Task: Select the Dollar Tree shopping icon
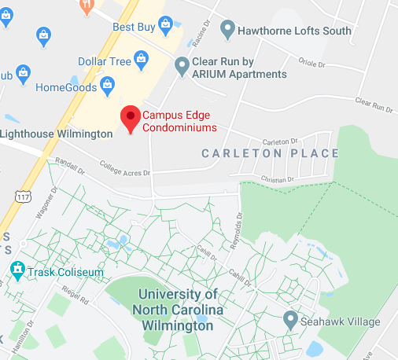(x=141, y=59)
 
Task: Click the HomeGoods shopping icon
(x=108, y=83)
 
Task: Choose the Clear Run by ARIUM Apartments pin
(x=182, y=66)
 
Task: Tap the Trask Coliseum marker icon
(x=17, y=272)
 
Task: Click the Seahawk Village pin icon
(x=290, y=321)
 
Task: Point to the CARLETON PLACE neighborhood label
(x=270, y=153)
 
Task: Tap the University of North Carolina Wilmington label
(x=177, y=310)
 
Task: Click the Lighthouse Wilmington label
(x=57, y=134)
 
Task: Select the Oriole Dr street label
(x=311, y=64)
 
